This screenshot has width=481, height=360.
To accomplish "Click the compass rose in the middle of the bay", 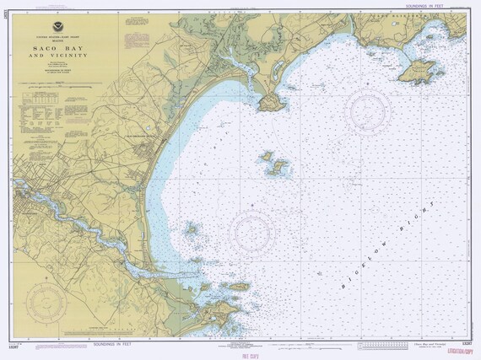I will (x=252, y=230).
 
